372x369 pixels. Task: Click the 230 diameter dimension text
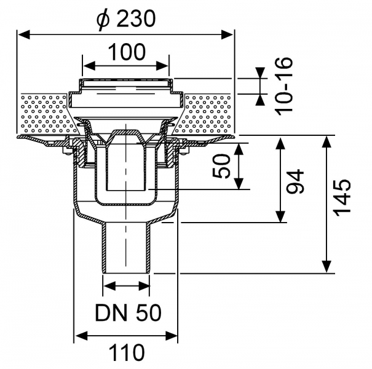coord(136,18)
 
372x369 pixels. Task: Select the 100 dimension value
coord(127,52)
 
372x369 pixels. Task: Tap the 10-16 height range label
coord(284,86)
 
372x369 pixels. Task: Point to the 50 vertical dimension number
coord(221,166)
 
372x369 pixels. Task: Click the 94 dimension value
coord(295,181)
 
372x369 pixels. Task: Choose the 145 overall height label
coord(342,197)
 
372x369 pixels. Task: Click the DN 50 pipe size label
coord(128,313)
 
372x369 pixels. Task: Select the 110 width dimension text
coord(127,352)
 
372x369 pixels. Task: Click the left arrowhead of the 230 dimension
coord(24,34)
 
